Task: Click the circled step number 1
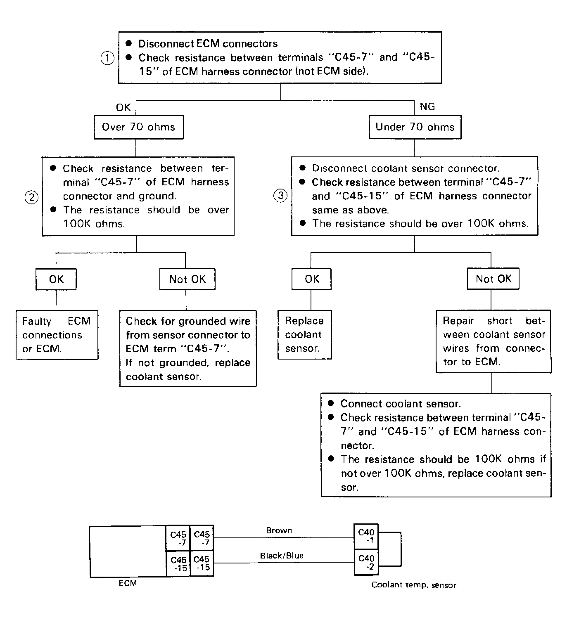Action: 107,58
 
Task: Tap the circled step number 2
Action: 31,197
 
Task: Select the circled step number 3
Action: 280,195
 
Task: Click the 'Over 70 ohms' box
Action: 139,127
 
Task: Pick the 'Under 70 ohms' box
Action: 415,127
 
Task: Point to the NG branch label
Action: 427,106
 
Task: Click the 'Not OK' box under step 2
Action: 187,279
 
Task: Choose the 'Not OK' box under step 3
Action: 493,279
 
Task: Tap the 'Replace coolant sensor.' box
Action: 304,335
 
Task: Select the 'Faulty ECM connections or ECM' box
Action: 57,335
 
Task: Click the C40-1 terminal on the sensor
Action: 366,537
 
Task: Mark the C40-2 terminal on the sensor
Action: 366,562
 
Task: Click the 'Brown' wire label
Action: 279,530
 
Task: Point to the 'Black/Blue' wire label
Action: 282,556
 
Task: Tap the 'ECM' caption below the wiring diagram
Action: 128,583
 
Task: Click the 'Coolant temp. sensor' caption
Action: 413,585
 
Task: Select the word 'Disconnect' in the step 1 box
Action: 166,44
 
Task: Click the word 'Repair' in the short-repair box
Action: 458,321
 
